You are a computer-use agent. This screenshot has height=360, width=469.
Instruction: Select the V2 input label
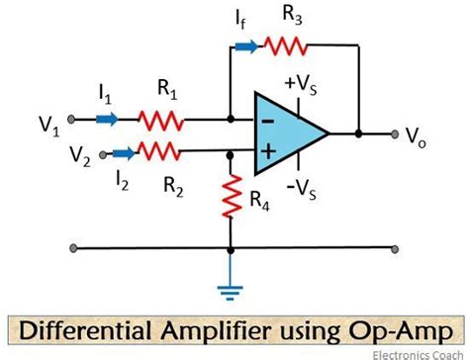(84, 154)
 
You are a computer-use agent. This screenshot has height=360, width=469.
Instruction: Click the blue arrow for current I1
(107, 120)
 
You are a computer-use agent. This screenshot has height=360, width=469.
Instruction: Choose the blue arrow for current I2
(124, 151)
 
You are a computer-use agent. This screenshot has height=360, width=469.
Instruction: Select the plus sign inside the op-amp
(267, 150)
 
